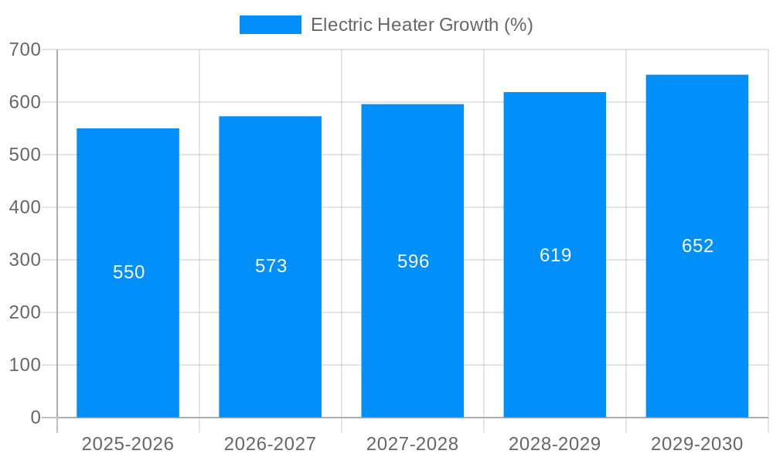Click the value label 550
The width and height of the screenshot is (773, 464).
(x=128, y=272)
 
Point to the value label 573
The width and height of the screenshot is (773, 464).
(x=271, y=266)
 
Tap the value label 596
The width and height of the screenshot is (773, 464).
(x=413, y=261)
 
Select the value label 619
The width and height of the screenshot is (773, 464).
(x=555, y=255)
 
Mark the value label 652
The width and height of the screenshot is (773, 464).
(x=697, y=246)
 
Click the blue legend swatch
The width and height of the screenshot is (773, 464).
(x=270, y=25)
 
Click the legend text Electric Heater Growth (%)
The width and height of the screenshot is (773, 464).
(x=421, y=25)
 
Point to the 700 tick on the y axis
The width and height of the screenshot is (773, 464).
(x=25, y=49)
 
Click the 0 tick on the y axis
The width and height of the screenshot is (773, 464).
(x=35, y=418)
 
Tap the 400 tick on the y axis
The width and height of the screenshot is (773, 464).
(x=25, y=207)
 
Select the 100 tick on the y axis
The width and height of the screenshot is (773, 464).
(x=25, y=365)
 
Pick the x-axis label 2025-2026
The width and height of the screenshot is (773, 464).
(x=128, y=444)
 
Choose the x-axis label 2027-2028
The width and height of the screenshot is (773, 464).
(x=413, y=444)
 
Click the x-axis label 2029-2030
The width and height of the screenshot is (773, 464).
(x=697, y=444)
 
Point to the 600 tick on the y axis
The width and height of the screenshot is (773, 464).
(x=25, y=102)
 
